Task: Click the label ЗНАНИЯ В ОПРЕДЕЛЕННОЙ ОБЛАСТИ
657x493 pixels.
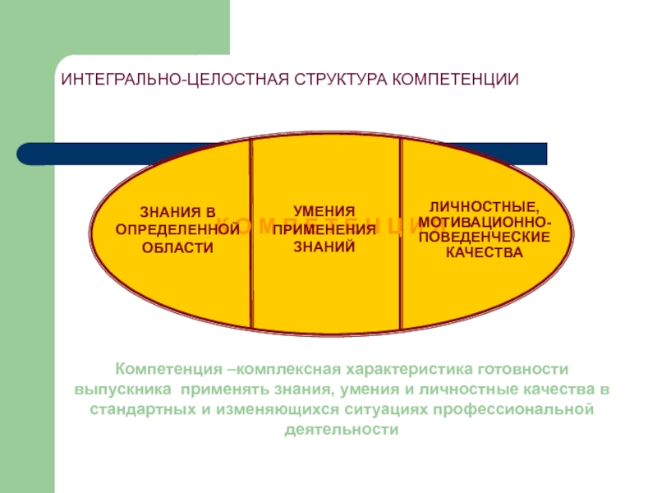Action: [x=177, y=231]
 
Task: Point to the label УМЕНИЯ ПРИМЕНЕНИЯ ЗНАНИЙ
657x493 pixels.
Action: [x=324, y=228]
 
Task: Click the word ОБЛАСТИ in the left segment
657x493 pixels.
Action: [x=177, y=246]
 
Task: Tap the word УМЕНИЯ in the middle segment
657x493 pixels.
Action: [x=324, y=212]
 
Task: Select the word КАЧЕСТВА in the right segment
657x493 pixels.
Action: [x=485, y=252]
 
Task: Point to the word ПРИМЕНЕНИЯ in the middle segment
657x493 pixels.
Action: [x=324, y=228]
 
